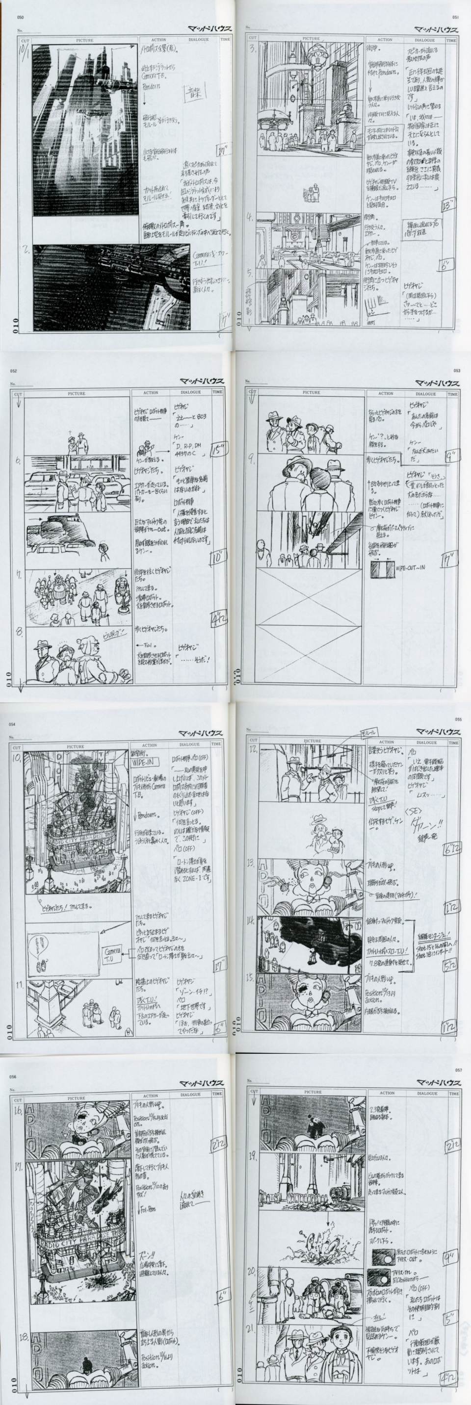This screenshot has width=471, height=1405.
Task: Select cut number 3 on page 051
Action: (x=253, y=48)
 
